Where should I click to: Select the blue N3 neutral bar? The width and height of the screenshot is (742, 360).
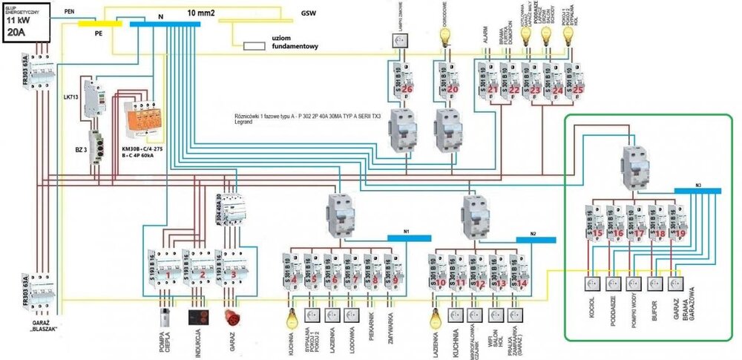(696, 189)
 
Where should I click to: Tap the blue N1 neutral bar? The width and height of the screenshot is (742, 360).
(409, 238)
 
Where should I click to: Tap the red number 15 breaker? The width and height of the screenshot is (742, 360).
(597, 223)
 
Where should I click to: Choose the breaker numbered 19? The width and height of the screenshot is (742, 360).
(677, 223)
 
